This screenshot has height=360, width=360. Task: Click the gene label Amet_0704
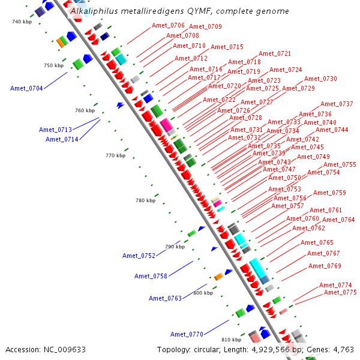tap(26, 88)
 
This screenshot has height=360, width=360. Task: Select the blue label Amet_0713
tap(56, 130)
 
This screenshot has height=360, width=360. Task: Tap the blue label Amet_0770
tap(187, 334)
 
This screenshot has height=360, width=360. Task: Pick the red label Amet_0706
tap(168, 25)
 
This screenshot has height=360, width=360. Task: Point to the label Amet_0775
tap(340, 292)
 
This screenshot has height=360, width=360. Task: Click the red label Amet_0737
tap(337, 104)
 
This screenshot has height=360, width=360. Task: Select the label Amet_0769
tap(325, 266)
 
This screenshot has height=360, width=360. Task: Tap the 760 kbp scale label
tap(85, 110)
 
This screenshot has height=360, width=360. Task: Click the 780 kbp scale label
tap(145, 200)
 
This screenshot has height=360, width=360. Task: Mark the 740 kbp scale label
tap(22, 22)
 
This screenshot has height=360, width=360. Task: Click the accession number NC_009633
tap(65, 349)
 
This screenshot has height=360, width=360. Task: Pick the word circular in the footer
tap(211, 349)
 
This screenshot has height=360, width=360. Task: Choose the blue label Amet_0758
tap(151, 276)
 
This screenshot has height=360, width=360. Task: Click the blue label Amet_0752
tap(139, 256)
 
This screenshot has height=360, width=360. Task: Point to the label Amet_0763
tap(165, 298)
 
